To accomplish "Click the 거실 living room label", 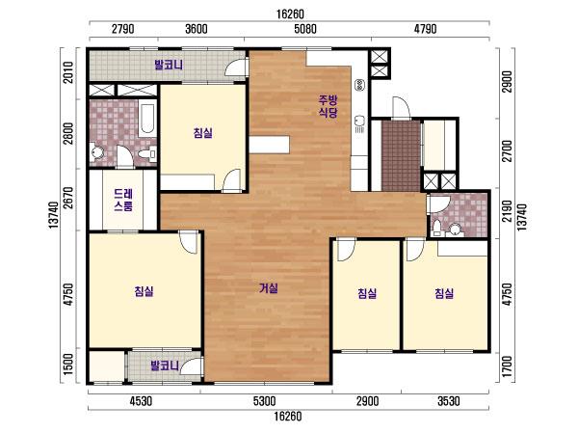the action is (269, 288).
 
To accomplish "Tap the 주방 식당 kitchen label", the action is (328, 106).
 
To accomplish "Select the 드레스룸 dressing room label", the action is (123, 200).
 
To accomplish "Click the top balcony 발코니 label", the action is (169, 65).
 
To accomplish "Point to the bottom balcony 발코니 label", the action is (165, 365).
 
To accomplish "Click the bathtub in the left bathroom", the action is (147, 119).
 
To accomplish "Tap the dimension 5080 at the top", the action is (305, 29).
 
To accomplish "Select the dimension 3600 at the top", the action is (197, 29).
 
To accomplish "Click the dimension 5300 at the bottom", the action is (265, 401).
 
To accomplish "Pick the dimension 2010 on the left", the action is (68, 72).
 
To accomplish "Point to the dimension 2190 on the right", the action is (508, 211).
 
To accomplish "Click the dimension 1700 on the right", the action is (508, 366).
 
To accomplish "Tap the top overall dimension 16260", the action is (290, 14).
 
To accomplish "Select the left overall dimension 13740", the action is (53, 215).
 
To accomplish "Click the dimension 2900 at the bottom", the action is (368, 401).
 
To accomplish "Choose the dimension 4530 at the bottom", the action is (142, 401).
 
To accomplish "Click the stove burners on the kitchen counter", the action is (359, 86).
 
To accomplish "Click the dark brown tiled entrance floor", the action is (401, 155).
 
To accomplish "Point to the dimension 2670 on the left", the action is (68, 198).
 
